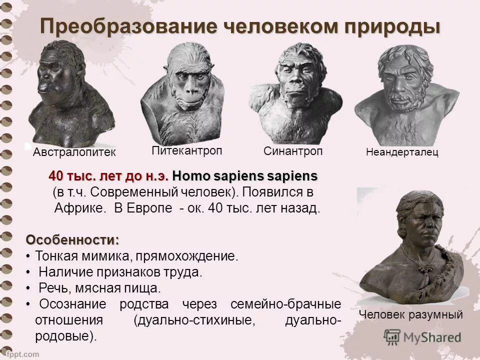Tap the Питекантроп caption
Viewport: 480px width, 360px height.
(x=186, y=150)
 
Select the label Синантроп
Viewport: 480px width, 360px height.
(x=293, y=151)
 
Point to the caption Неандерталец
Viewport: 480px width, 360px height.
(x=402, y=152)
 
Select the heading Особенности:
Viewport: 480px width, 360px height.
(x=72, y=239)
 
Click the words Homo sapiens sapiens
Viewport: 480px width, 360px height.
(x=244, y=176)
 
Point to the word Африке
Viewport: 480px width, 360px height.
(x=79, y=208)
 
